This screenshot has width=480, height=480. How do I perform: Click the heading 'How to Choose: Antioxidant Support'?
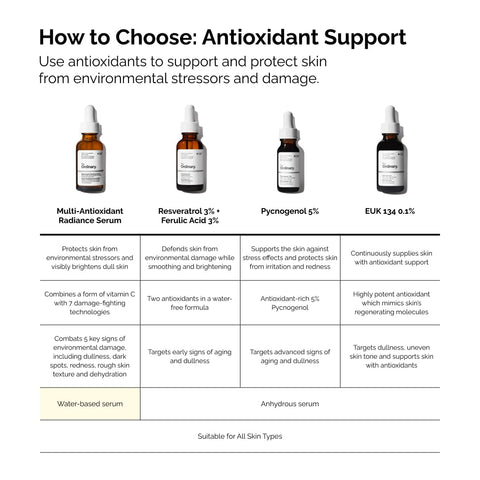point(221,38)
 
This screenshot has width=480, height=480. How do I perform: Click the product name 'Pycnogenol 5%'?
point(289,212)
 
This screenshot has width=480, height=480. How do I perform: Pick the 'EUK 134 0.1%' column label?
point(390,212)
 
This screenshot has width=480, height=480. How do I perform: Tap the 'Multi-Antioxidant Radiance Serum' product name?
point(90,217)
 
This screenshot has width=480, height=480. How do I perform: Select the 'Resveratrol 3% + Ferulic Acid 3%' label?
point(190,217)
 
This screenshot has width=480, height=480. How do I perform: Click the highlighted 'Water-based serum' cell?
point(90,403)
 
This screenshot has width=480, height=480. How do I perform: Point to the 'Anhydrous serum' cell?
point(289,403)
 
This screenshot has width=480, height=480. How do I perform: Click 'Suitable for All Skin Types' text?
point(240,436)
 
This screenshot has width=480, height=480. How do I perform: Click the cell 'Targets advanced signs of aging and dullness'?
point(289,356)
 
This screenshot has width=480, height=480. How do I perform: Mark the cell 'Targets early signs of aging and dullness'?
point(190,356)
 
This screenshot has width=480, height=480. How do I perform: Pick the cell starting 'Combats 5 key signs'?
point(90,356)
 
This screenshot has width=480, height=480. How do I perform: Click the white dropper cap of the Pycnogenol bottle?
point(289,123)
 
